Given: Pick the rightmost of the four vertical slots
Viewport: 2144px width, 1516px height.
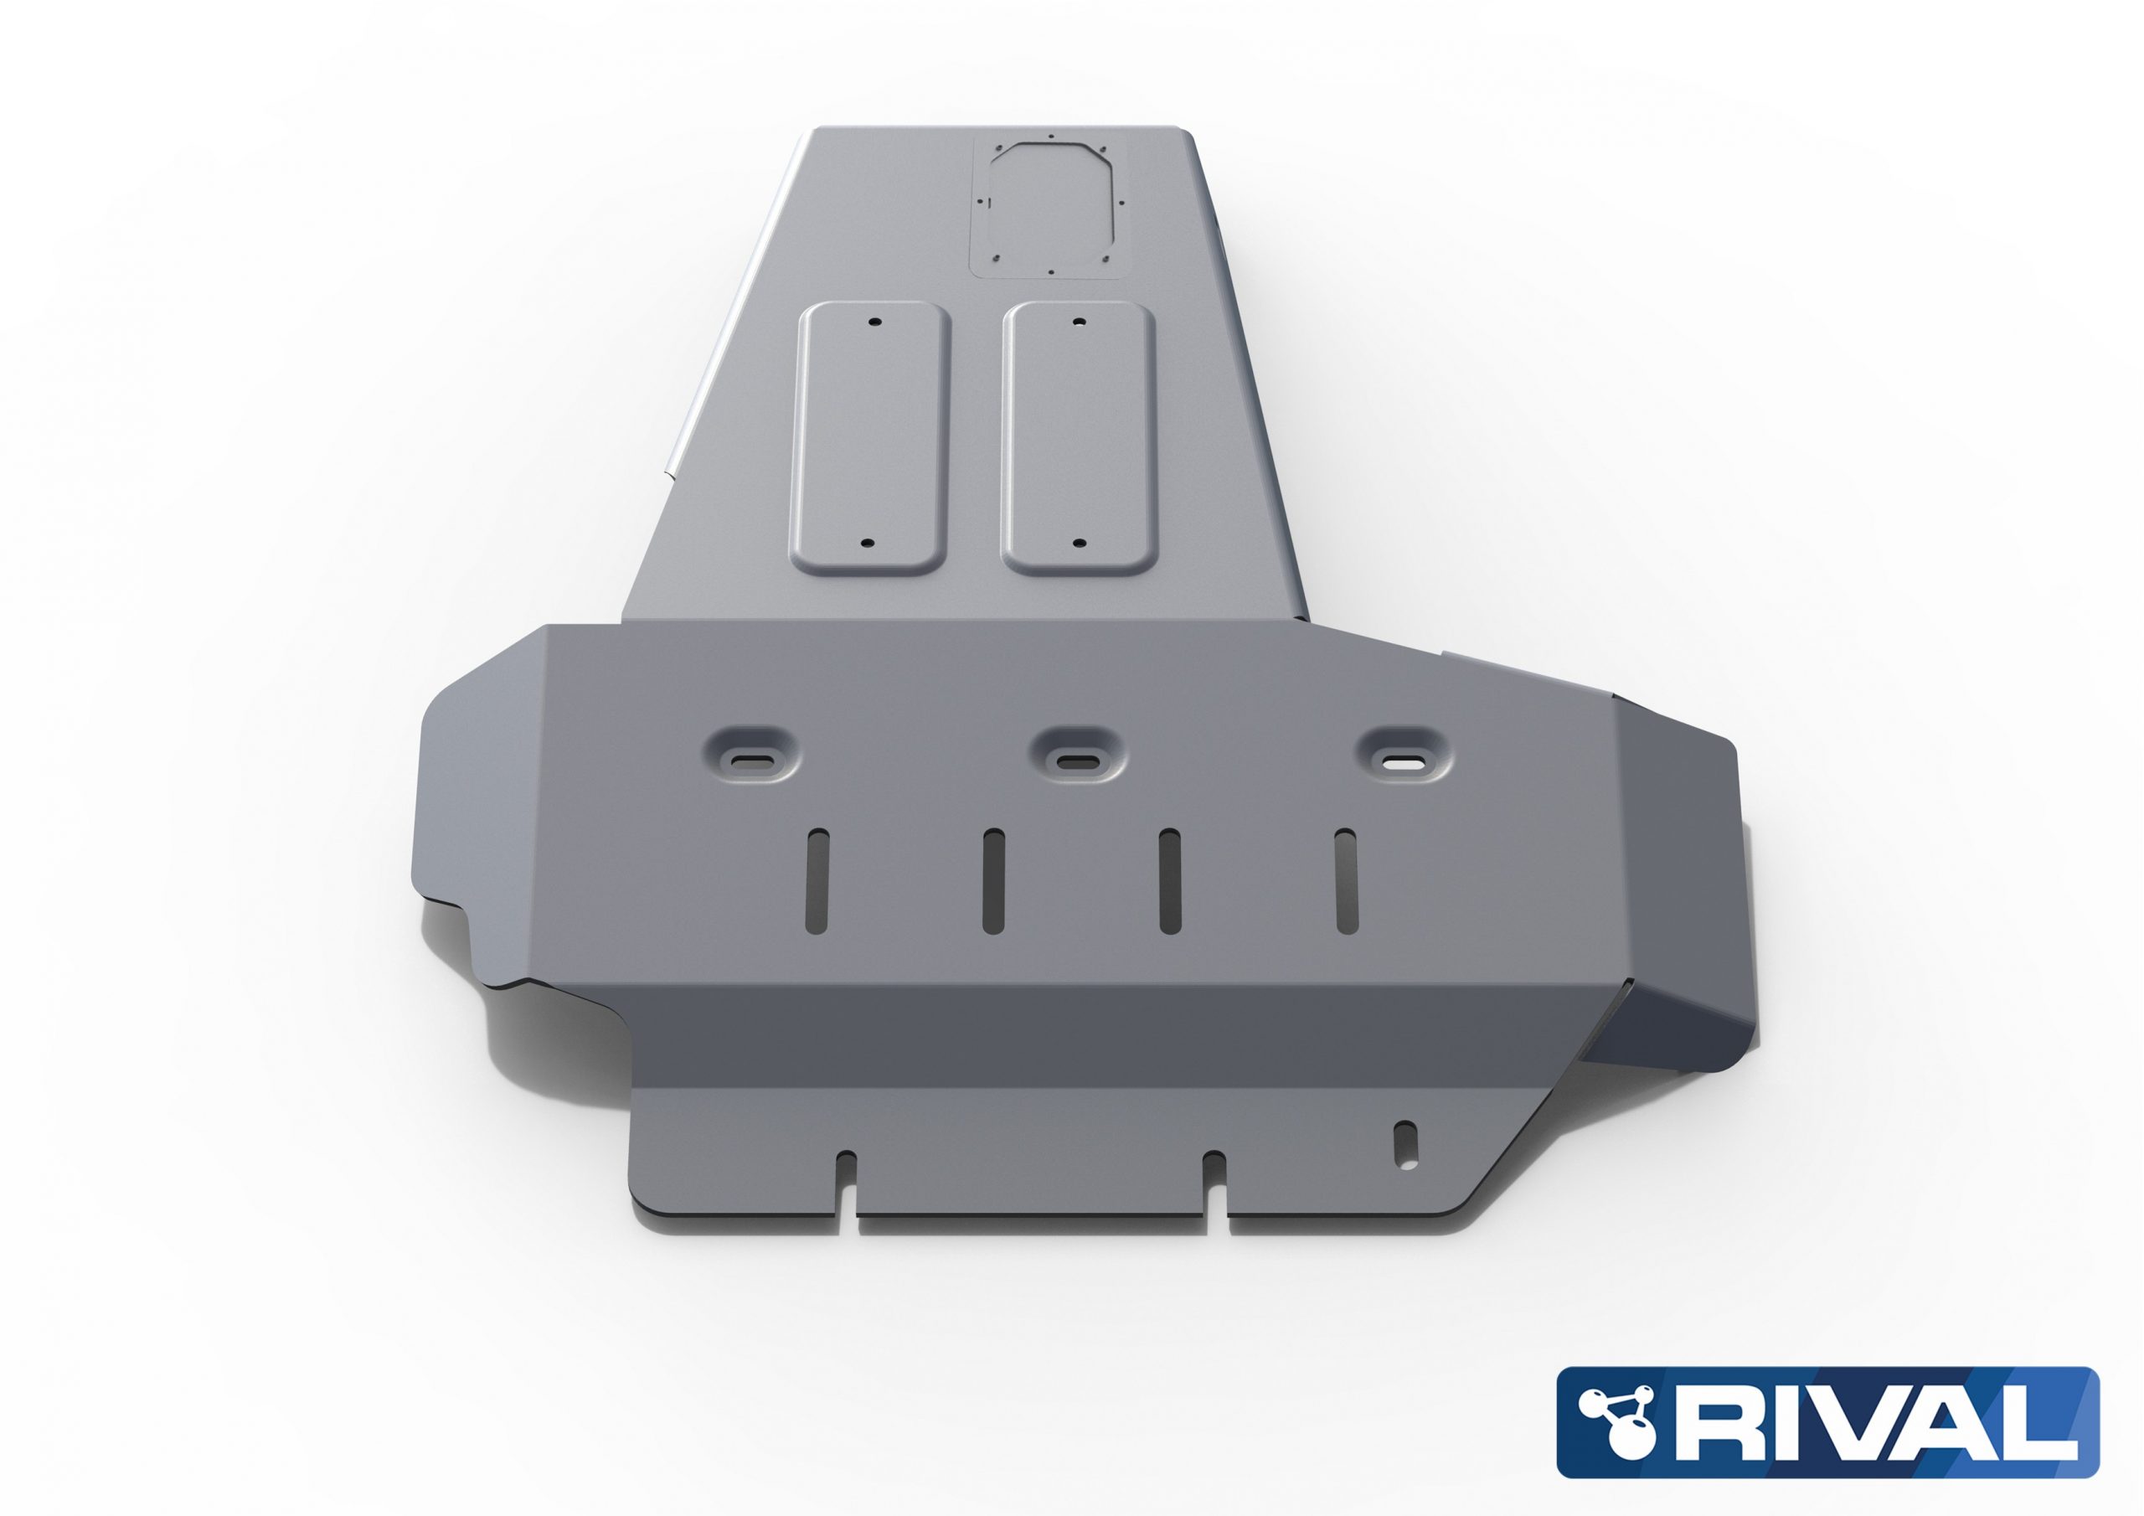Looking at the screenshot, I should [1346, 881].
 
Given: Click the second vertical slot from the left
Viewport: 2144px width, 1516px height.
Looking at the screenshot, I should [992, 881].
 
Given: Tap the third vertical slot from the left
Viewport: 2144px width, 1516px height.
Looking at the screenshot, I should [1169, 881].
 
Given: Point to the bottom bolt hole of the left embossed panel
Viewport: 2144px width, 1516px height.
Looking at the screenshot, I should [868, 543].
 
